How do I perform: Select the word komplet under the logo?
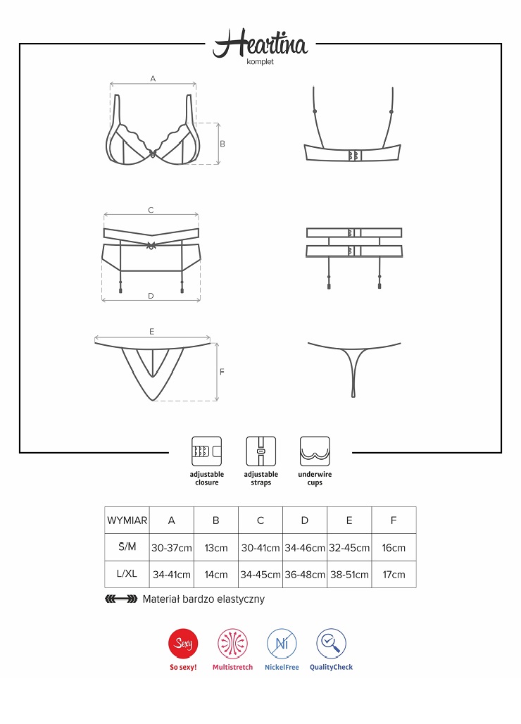[260, 62]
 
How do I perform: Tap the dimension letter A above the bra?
[153, 79]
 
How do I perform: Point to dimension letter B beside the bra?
[222, 144]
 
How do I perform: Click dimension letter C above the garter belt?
[151, 210]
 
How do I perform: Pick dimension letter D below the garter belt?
[151, 296]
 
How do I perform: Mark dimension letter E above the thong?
[151, 331]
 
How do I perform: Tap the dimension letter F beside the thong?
[222, 372]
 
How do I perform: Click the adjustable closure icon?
[206, 451]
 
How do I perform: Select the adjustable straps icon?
[260, 451]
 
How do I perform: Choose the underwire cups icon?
[315, 451]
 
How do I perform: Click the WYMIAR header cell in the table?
[127, 520]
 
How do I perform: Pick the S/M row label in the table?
[127, 547]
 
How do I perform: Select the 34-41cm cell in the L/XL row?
[172, 575]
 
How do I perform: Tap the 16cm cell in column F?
[394, 548]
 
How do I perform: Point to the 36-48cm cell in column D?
[305, 575]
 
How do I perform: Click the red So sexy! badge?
[183, 642]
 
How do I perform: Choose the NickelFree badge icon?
[282, 642]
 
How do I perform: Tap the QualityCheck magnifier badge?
[331, 642]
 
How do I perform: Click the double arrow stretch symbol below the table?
[120, 599]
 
